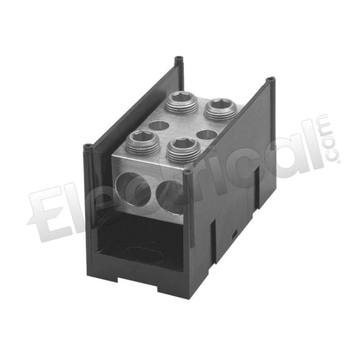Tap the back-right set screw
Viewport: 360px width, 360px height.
pyautogui.click(x=218, y=111)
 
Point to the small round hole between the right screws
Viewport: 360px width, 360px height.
pyautogui.click(x=206, y=134)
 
